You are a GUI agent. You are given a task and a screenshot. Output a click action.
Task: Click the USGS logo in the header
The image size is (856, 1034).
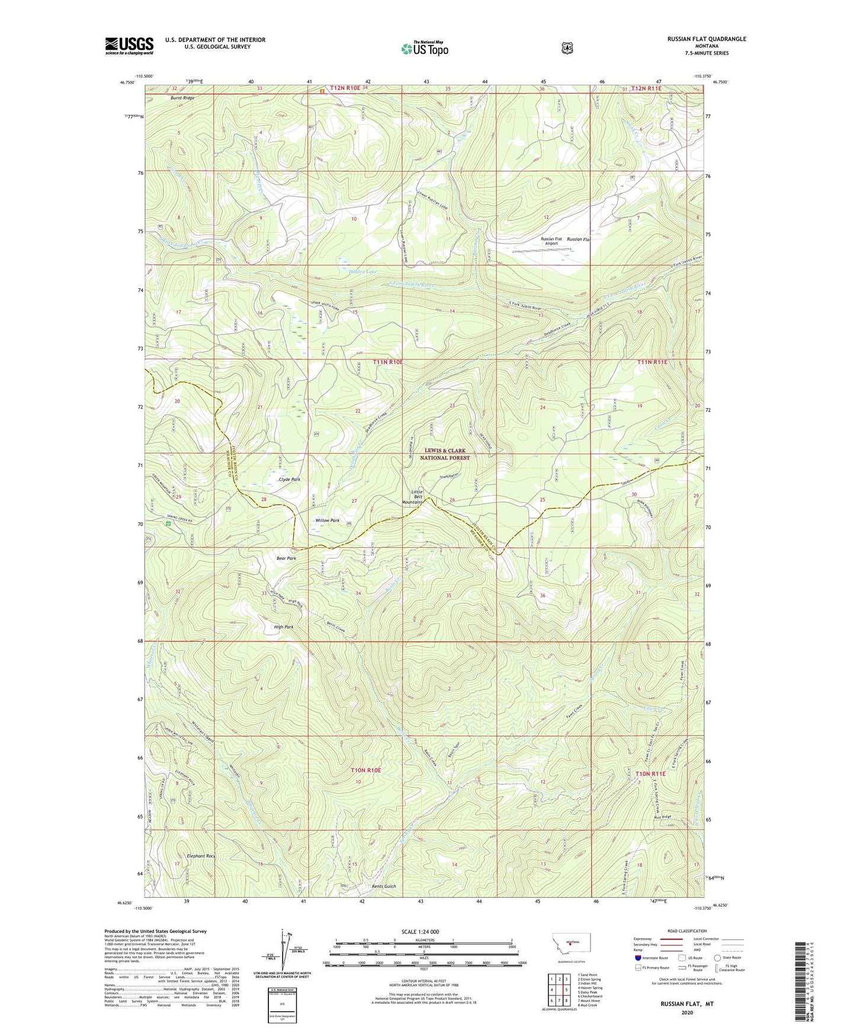(x=129, y=45)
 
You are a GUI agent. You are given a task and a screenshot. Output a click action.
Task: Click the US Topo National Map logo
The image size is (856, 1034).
(x=424, y=48)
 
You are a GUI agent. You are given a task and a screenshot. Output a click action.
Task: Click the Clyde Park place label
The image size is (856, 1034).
(x=289, y=479)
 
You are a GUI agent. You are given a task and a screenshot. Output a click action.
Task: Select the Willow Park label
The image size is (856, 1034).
(x=327, y=521)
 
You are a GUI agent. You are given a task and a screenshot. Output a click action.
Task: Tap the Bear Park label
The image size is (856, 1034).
(x=286, y=558)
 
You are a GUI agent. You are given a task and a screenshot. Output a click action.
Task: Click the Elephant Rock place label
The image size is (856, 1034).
(x=201, y=856)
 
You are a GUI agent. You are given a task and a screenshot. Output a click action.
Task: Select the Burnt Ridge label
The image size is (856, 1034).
(x=182, y=98)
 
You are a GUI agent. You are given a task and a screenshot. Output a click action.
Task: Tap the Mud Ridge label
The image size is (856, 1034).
(x=662, y=817)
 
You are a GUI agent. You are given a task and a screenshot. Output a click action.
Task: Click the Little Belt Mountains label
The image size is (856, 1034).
(x=412, y=497)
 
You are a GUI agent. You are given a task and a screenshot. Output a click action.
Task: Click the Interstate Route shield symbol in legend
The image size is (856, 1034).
(x=637, y=958)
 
